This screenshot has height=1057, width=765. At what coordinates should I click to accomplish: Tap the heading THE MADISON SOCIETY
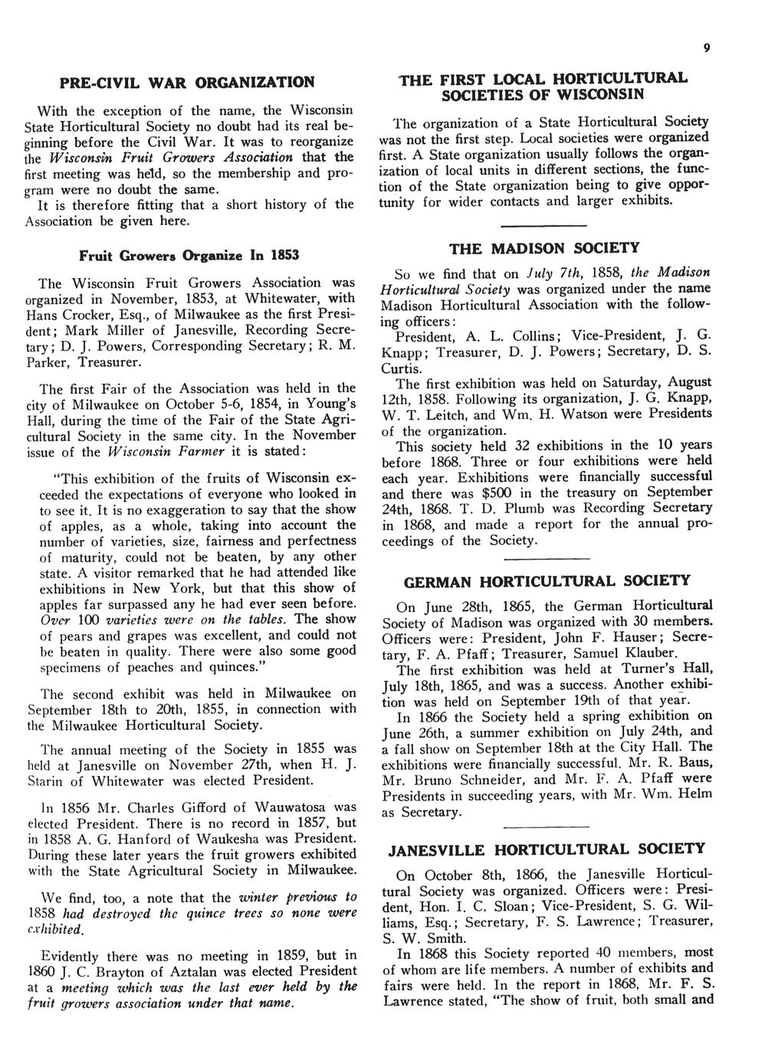(x=543, y=249)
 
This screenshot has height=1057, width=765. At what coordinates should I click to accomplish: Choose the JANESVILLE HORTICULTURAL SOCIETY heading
(x=546, y=849)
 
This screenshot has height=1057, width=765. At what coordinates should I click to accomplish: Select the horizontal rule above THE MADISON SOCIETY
(x=543, y=224)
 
